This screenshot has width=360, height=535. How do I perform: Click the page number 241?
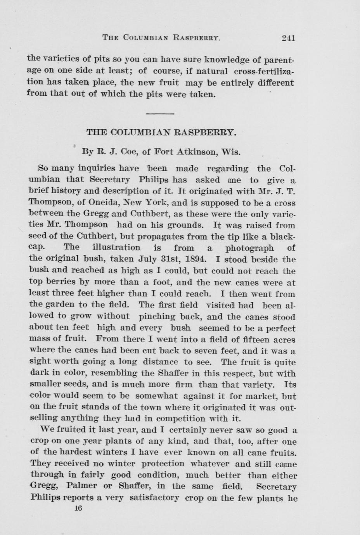click(x=289, y=38)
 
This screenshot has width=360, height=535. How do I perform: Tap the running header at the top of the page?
click(x=161, y=38)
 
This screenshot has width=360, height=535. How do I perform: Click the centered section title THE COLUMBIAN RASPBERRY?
click(x=161, y=132)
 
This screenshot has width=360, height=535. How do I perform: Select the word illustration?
click(x=116, y=248)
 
